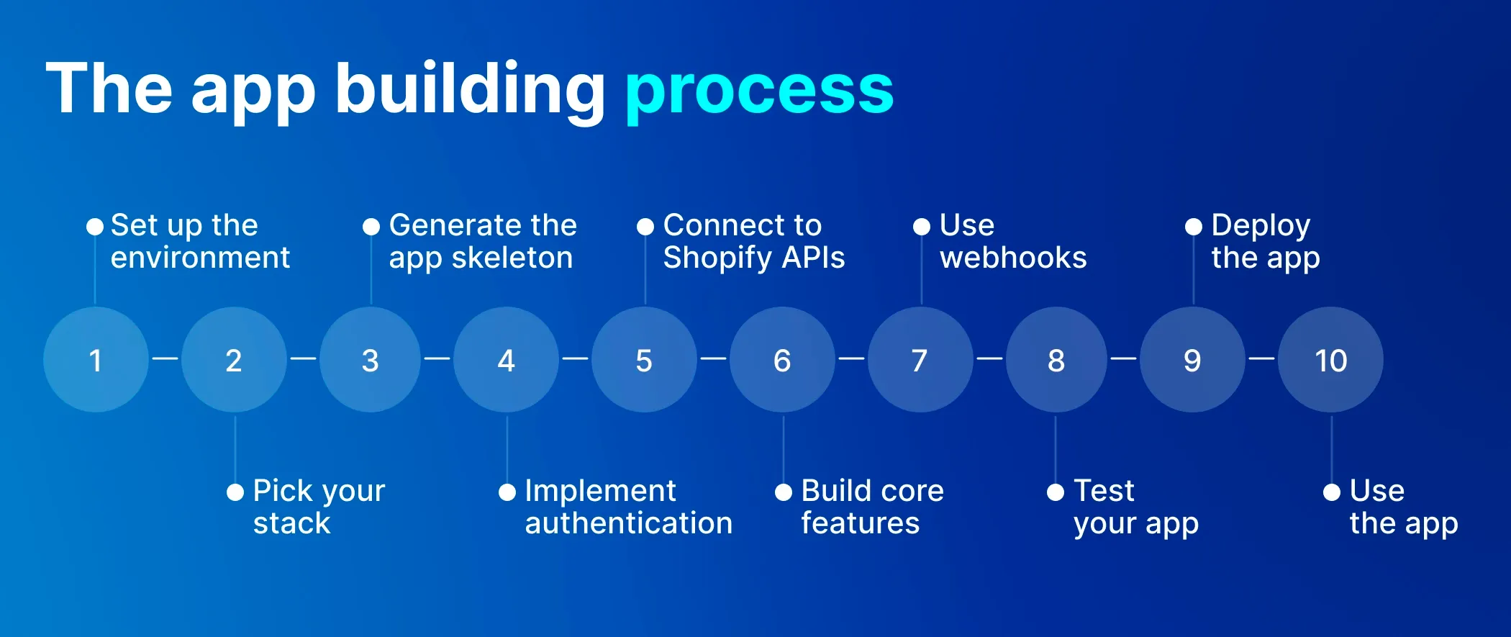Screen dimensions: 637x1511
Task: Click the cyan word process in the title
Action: click(759, 90)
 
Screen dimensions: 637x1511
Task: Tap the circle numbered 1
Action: click(96, 360)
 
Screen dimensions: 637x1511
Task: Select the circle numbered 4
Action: click(507, 360)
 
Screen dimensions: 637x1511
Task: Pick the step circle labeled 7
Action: click(920, 360)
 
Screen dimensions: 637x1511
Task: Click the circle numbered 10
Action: click(1330, 360)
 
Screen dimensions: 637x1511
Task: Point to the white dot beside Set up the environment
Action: click(95, 227)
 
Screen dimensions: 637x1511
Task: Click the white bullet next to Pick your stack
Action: click(235, 492)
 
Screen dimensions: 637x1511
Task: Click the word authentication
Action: click(629, 523)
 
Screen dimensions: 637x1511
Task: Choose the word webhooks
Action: click(1013, 258)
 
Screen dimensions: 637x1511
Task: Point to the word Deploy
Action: click(1261, 226)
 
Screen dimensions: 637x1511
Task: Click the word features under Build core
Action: click(860, 523)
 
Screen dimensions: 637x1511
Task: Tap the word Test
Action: click(1104, 491)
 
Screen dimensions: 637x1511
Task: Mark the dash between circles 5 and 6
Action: click(713, 358)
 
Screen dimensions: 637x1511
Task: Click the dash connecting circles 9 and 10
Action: click(1261, 358)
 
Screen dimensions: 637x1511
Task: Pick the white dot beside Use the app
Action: click(1332, 492)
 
